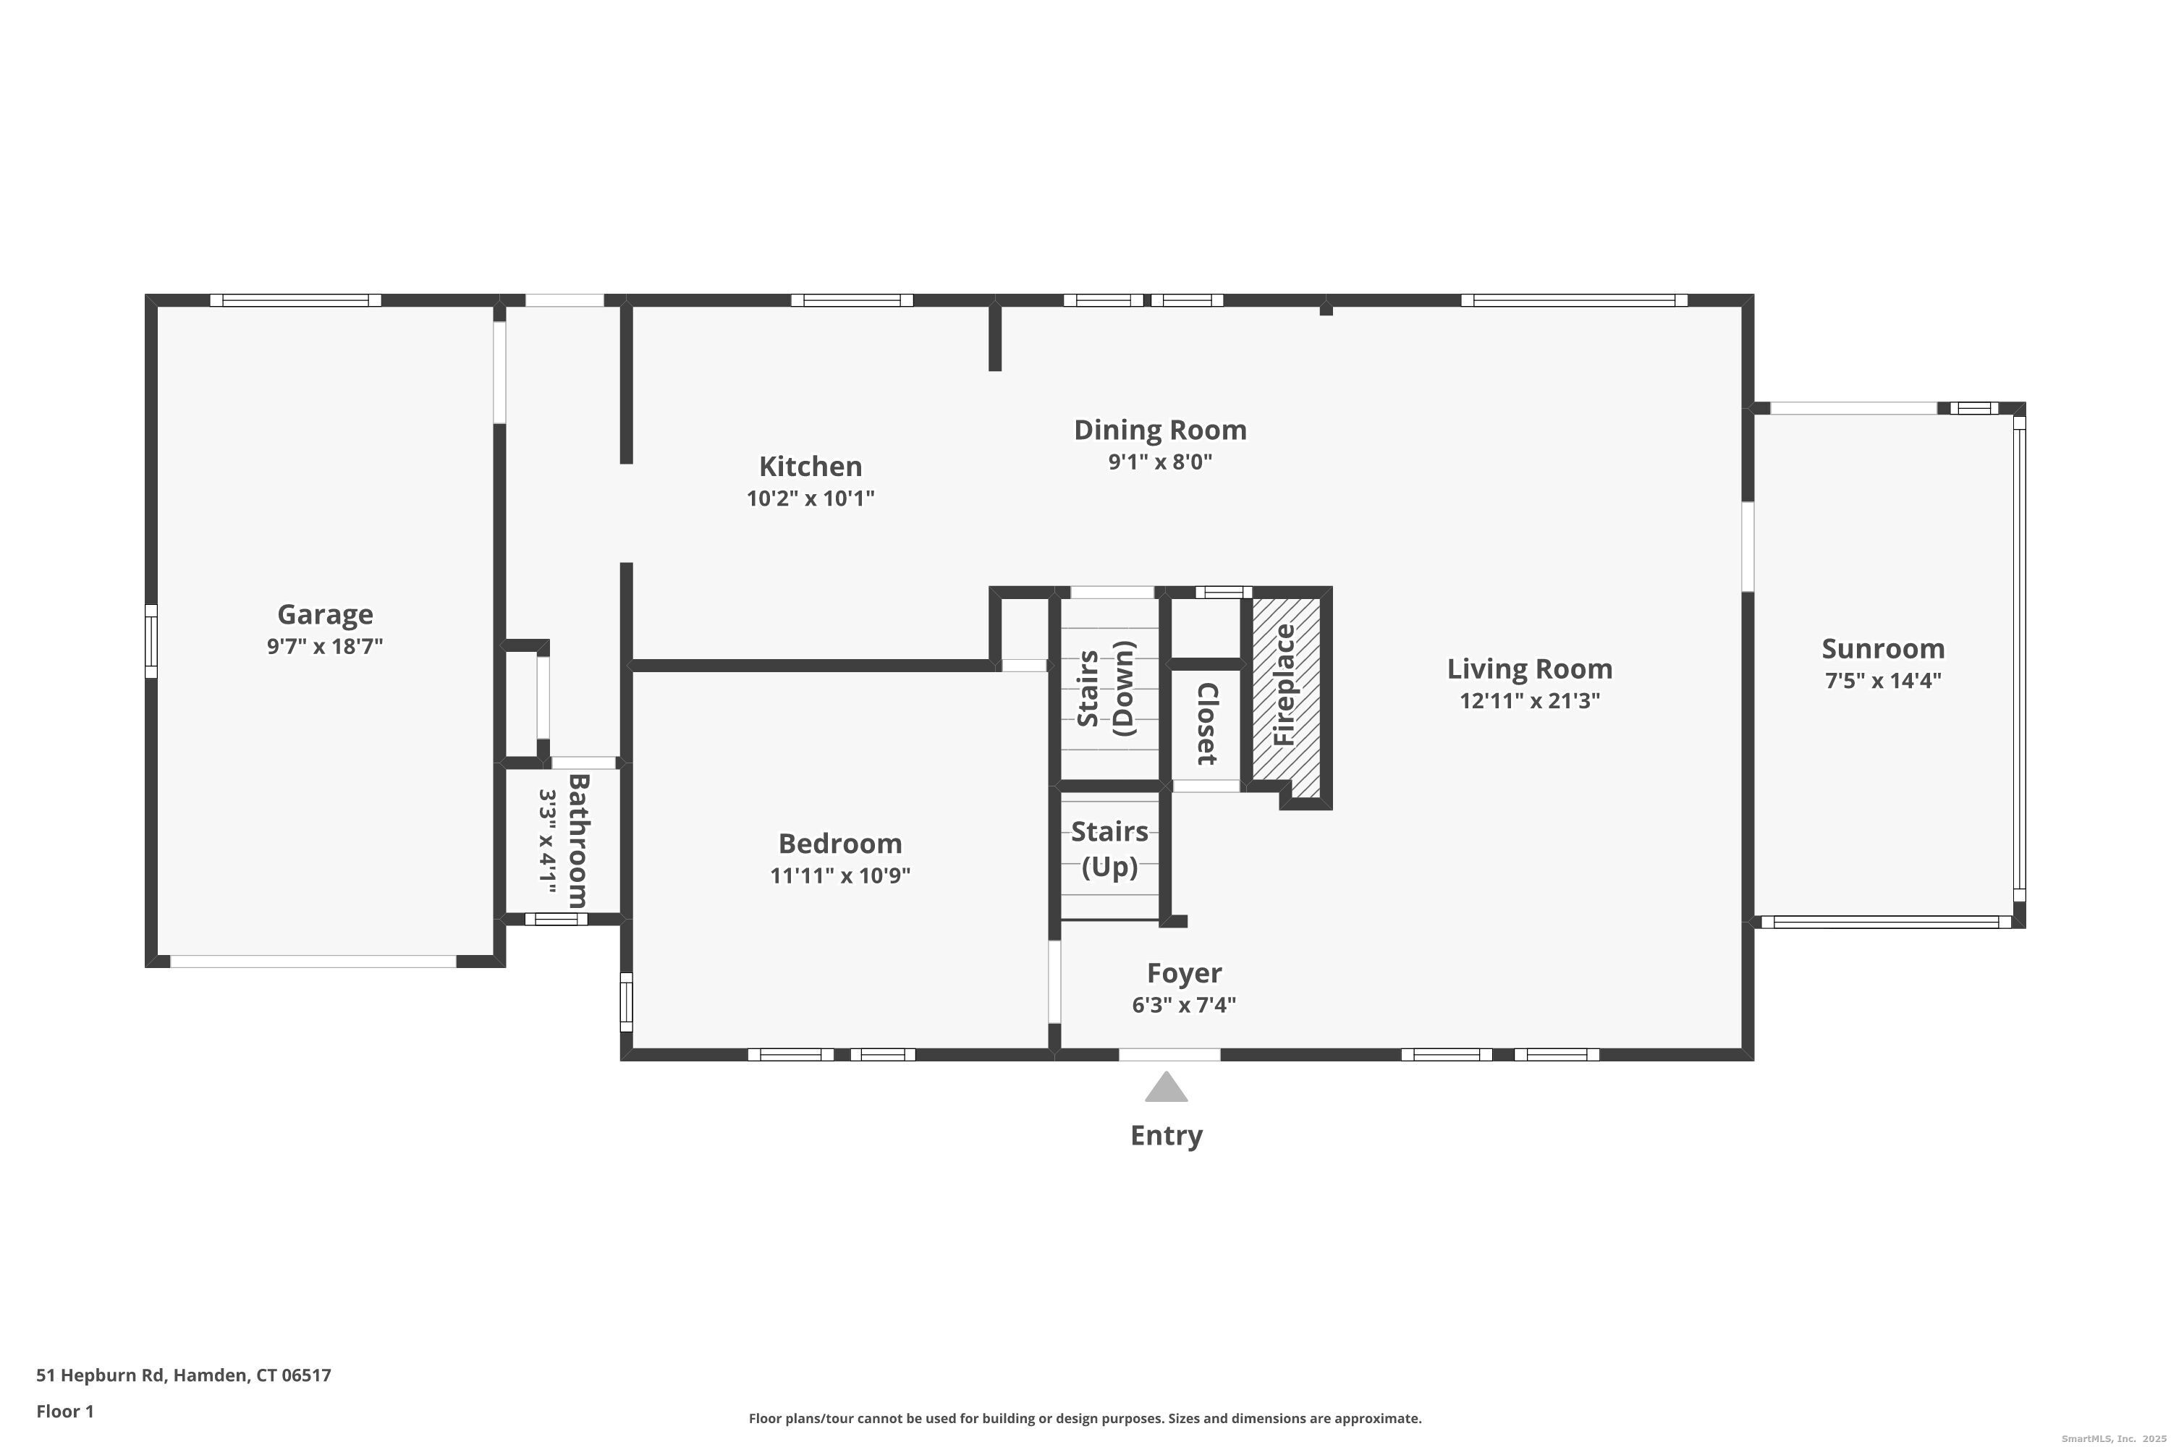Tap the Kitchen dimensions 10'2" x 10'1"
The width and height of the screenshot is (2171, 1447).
811,498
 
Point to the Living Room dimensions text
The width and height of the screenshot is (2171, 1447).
1530,700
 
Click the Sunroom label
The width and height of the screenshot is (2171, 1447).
1883,649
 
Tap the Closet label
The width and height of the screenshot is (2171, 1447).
1206,724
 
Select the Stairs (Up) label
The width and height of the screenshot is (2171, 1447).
1109,849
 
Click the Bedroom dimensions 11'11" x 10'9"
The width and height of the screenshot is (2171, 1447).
840,875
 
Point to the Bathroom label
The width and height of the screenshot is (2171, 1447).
577,841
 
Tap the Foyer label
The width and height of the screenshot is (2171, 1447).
1184,972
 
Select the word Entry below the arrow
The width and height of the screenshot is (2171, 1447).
1167,1136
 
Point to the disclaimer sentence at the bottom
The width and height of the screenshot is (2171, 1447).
1085,1418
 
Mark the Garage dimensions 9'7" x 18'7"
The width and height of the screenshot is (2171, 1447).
325,646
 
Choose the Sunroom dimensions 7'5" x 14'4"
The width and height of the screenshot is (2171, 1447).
1883,681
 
